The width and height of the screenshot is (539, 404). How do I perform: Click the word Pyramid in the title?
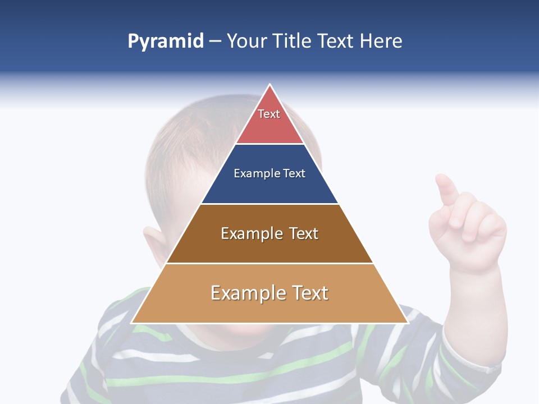166,42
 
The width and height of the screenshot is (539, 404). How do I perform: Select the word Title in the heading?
293,42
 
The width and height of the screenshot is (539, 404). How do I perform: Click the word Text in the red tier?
269,114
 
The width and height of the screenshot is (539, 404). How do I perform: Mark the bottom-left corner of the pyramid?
132,323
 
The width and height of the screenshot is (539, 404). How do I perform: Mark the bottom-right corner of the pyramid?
408,323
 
